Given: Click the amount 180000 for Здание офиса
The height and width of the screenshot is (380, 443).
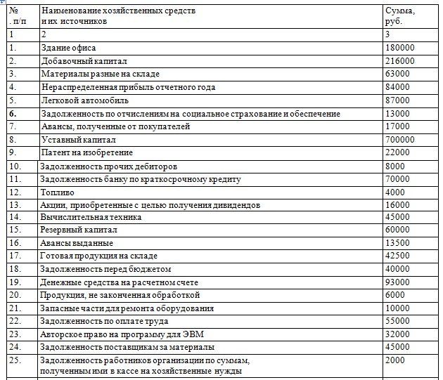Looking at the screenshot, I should click(x=399, y=47).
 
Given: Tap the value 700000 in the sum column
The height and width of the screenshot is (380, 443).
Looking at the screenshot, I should click(x=400, y=140).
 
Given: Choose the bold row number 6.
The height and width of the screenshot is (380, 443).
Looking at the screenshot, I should click(x=13, y=113).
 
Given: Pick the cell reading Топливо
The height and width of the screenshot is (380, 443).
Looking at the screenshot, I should click(x=57, y=192).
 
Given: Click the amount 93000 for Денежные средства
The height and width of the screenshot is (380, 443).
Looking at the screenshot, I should click(x=397, y=282).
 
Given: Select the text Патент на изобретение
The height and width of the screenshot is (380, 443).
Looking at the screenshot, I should click(x=86, y=152).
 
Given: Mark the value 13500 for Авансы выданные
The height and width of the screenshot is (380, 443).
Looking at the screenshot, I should click(x=397, y=242).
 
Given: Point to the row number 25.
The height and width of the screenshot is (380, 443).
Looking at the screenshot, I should click(x=15, y=360).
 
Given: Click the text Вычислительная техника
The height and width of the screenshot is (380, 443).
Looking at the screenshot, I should click(x=91, y=217).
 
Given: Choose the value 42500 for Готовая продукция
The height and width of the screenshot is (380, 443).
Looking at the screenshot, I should click(x=397, y=256).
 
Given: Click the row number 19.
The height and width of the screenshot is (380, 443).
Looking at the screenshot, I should click(x=15, y=282).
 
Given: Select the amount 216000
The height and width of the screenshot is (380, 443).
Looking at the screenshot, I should click(x=399, y=60).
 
